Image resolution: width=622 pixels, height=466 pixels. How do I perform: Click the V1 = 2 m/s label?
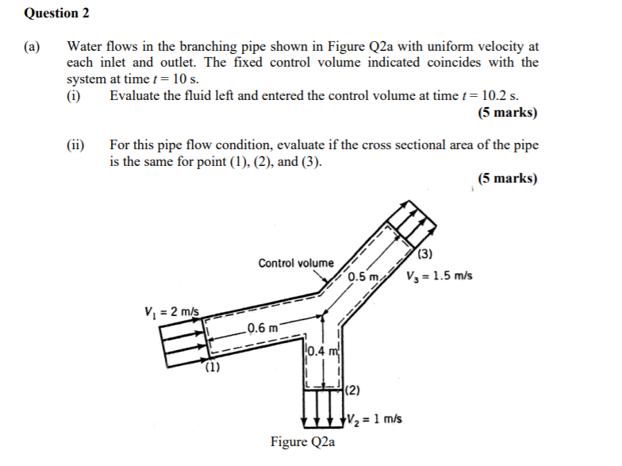(x=171, y=311)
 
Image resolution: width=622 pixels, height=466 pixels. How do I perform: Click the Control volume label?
(x=296, y=263)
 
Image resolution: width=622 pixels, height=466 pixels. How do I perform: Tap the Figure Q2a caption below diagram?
(x=302, y=441)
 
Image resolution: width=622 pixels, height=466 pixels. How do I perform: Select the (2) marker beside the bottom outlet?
(x=354, y=390)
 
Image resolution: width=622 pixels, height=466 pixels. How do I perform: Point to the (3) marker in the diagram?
(x=425, y=254)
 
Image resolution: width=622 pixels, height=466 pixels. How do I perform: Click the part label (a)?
(x=33, y=47)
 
